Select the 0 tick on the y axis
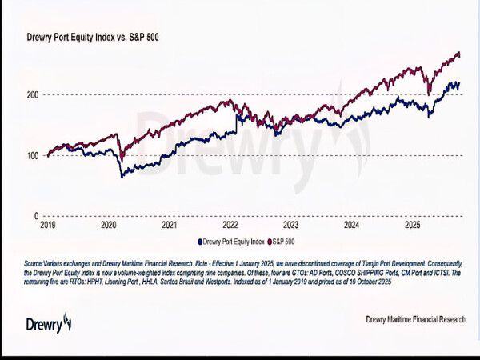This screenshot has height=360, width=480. (x=36, y=216)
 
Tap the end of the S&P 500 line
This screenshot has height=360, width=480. (x=460, y=54)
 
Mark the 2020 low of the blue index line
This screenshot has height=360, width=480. (x=122, y=176)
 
